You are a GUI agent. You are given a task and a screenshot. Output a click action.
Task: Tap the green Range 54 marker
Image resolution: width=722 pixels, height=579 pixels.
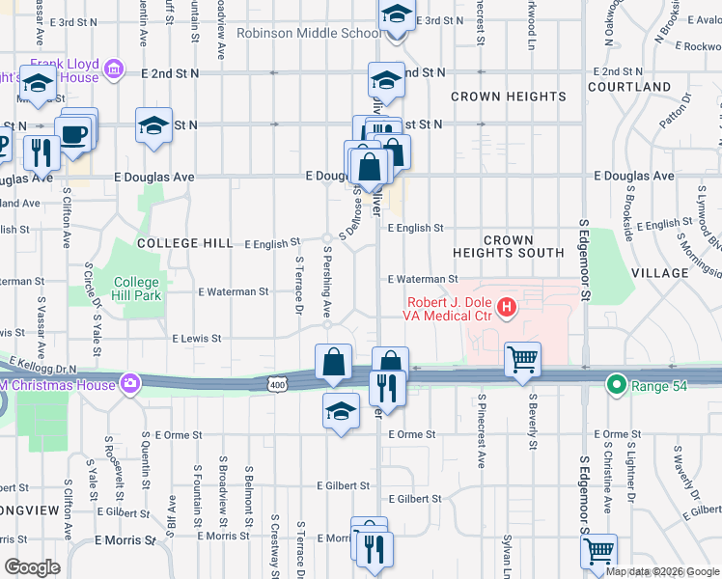(615, 386)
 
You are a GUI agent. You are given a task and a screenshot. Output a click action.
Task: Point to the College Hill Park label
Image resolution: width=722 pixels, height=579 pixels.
(136, 289)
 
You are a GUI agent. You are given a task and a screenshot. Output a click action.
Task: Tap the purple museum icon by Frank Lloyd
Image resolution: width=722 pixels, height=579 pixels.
(114, 68)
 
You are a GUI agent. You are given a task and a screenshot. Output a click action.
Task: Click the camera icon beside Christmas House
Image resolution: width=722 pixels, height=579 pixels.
(128, 383)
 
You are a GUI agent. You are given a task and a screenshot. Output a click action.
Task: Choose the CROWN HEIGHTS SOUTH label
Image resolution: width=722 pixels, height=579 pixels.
(509, 246)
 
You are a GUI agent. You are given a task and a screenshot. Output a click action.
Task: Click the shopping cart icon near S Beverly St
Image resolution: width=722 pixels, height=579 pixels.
(522, 360)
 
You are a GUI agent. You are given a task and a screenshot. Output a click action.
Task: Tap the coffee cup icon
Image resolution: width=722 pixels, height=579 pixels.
(73, 132)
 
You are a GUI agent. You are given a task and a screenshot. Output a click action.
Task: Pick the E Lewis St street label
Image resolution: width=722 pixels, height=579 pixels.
(197, 339)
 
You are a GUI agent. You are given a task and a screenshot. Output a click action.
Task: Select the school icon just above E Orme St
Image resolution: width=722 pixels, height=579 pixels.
(339, 412)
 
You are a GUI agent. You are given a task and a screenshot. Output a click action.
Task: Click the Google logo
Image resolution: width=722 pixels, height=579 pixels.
(32, 567)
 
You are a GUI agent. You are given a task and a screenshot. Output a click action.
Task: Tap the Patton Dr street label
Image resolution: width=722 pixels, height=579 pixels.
(673, 114)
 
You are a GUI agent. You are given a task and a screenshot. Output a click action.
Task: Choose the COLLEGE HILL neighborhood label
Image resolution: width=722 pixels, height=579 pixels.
(184, 244)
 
